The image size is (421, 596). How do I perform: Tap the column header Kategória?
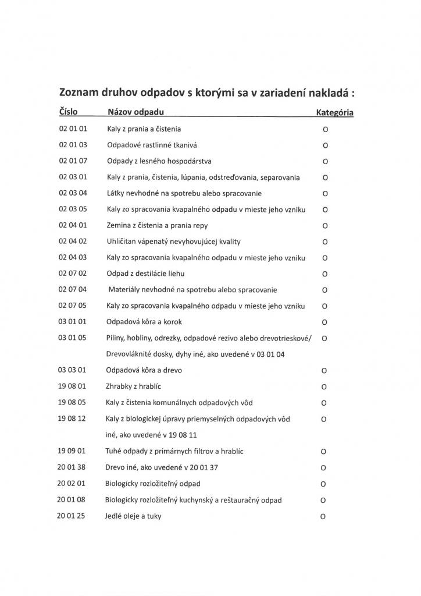pos(335,112)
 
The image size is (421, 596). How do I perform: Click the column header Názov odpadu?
pos(135,111)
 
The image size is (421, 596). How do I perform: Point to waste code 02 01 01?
pos(73,128)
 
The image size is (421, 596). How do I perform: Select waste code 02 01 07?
pos(73,161)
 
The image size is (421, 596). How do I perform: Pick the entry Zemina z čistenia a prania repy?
pos(156,225)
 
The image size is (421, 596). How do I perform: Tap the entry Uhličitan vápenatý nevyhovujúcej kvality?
pos(173,241)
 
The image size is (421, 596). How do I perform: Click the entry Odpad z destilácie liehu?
pos(145,273)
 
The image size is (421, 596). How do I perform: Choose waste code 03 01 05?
pos(73,338)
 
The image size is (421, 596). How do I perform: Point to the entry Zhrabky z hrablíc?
pos(135,386)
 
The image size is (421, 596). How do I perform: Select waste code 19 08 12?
pos(73,418)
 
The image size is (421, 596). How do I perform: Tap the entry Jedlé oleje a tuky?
pos(133,516)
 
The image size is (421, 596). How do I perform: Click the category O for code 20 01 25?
pos(324,516)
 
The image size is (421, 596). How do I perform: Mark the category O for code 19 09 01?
pos(324,451)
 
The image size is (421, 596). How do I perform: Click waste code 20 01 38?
pos(72,467)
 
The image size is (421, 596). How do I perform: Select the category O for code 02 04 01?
pos(325,225)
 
